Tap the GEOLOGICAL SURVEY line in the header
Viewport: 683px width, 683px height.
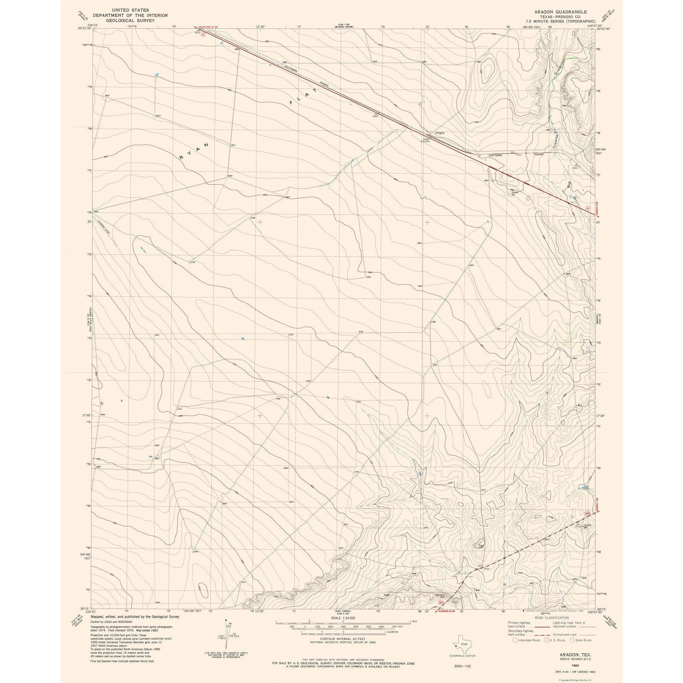130,21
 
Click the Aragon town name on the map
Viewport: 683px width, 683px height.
440,133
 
